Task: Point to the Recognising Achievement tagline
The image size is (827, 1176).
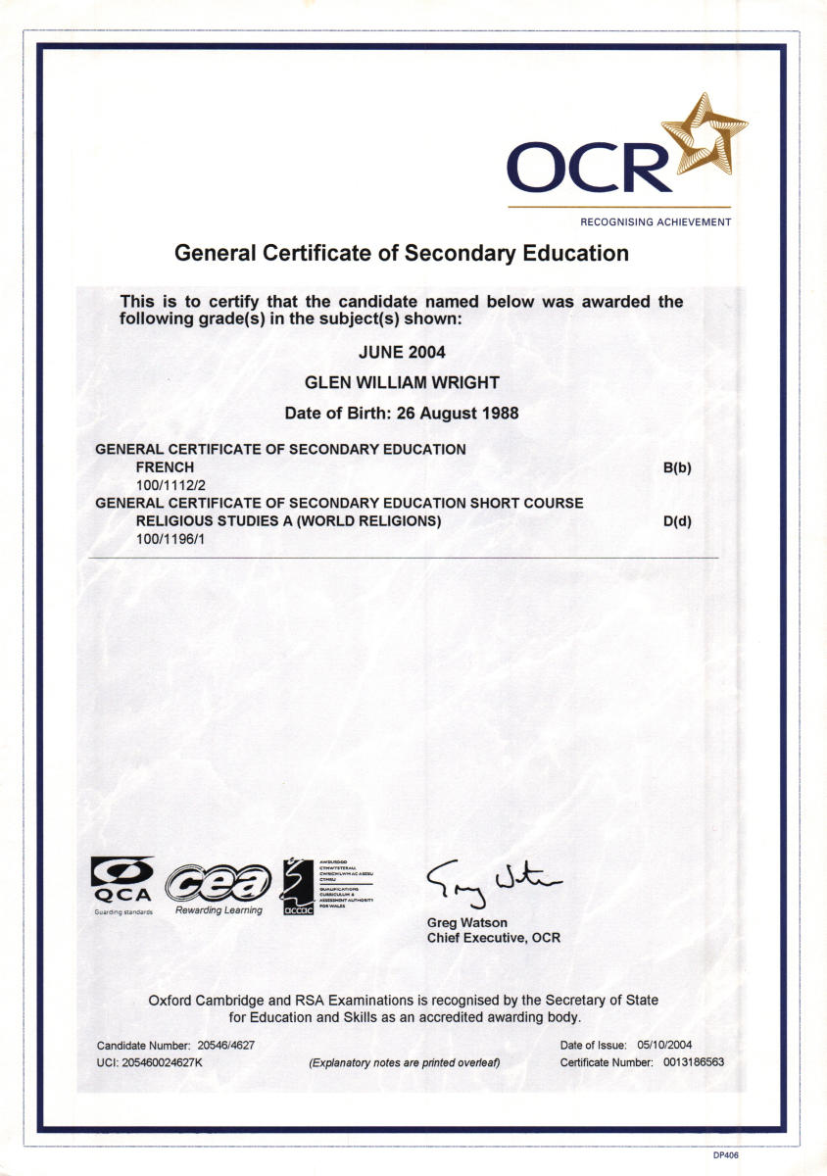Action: point(656,222)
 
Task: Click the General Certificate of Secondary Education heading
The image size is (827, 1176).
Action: point(401,253)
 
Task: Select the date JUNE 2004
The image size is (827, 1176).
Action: point(401,352)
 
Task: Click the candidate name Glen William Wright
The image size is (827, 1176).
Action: point(401,382)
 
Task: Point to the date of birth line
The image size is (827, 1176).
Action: point(401,414)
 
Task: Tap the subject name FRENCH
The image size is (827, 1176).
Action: point(165,467)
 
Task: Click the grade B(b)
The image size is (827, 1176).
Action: point(677,467)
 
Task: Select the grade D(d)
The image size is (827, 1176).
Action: point(677,520)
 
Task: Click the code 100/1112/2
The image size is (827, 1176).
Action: point(169,485)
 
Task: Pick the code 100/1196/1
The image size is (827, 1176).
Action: point(169,538)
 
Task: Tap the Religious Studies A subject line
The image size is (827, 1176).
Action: point(288,520)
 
